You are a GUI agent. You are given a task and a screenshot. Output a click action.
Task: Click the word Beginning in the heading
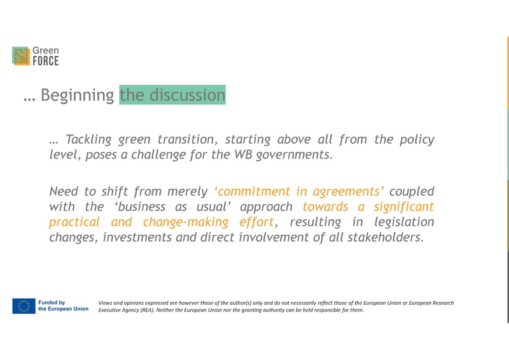point(77,95)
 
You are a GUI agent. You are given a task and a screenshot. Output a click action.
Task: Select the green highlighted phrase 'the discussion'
point(172,95)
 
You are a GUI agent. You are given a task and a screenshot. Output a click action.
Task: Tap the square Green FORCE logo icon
point(21,56)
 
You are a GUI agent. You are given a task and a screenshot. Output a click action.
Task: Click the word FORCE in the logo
point(45,62)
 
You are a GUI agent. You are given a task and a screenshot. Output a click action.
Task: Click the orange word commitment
point(254,191)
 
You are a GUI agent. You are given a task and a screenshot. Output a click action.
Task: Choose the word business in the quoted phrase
point(139,207)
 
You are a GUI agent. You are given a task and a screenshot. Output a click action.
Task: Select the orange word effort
point(256,222)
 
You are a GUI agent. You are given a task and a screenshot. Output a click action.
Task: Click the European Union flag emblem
point(24,306)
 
